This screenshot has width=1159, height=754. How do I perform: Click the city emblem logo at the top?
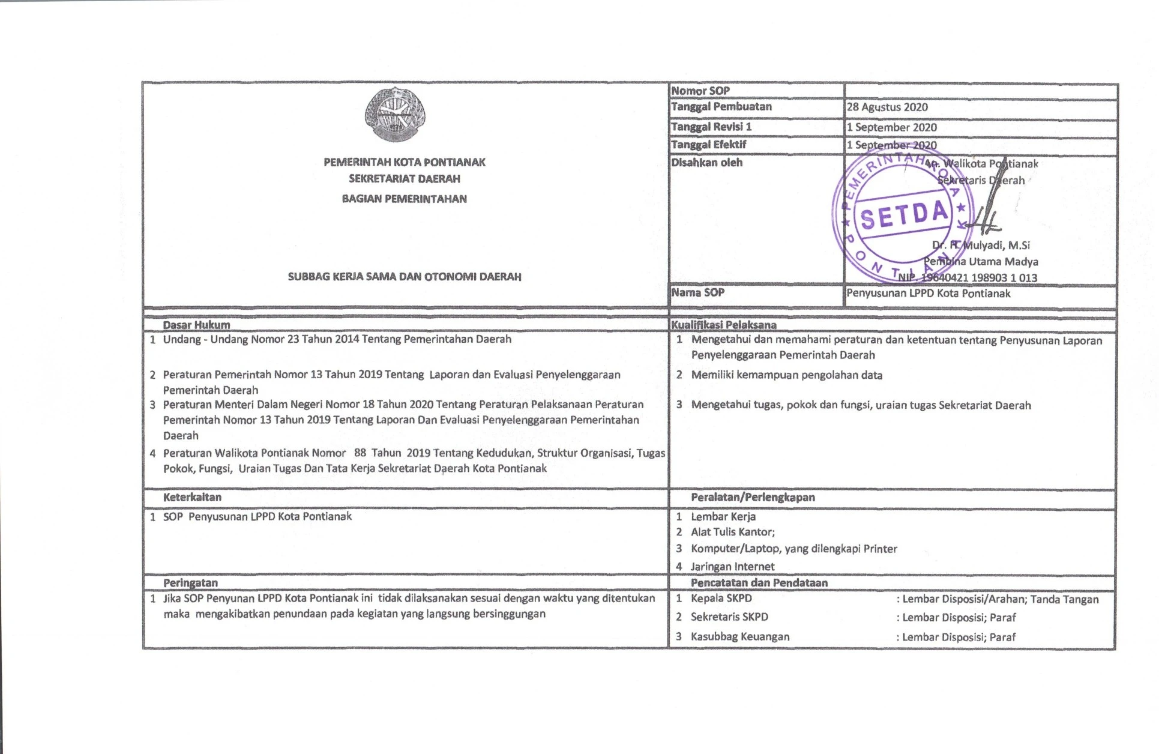pyautogui.click(x=395, y=114)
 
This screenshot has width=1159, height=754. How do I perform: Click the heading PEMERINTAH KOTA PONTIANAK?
pyautogui.click(x=405, y=162)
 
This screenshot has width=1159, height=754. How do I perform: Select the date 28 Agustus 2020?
pyautogui.click(x=887, y=107)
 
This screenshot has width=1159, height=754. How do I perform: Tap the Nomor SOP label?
pyautogui.click(x=700, y=91)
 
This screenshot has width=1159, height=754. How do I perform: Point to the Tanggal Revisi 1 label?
pyautogui.click(x=711, y=127)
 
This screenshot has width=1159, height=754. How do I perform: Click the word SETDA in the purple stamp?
pyautogui.click(x=905, y=214)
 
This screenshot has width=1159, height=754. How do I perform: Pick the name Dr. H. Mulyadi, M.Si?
pyautogui.click(x=981, y=245)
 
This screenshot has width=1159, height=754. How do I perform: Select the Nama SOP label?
pyautogui.click(x=698, y=292)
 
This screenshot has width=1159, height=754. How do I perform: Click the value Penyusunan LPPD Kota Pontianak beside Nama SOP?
pyautogui.click(x=929, y=294)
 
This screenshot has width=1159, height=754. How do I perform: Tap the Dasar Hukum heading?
pyautogui.click(x=196, y=325)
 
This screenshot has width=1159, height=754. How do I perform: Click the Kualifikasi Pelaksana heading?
pyautogui.click(x=723, y=325)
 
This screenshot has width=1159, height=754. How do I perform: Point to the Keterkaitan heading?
pyautogui.click(x=192, y=497)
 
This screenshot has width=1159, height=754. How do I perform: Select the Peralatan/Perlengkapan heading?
pyautogui.click(x=753, y=497)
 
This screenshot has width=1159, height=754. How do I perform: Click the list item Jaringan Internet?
pyautogui.click(x=732, y=566)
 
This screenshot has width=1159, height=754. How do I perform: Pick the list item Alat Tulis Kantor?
pyautogui.click(x=732, y=532)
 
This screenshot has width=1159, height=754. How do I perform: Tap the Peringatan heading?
pyautogui.click(x=190, y=582)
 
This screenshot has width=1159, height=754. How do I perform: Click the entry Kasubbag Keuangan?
pyautogui.click(x=740, y=636)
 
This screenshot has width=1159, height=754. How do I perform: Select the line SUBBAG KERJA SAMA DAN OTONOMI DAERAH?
pyautogui.click(x=405, y=277)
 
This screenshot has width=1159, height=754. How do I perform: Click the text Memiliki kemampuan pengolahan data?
pyautogui.click(x=786, y=375)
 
